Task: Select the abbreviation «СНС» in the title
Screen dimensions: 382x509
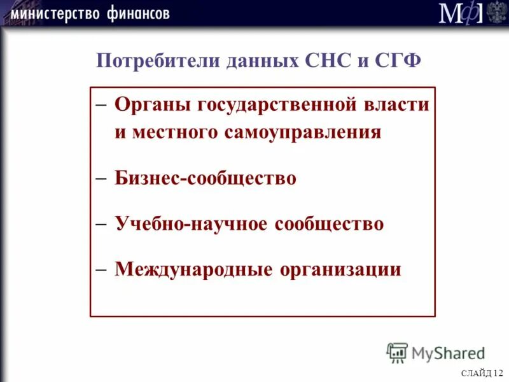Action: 324,61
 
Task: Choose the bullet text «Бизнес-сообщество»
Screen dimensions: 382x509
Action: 206,178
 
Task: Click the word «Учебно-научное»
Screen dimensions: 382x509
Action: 192,223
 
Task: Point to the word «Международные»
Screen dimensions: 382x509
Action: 194,269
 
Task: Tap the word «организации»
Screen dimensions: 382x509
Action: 340,269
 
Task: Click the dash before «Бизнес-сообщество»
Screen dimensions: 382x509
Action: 101,178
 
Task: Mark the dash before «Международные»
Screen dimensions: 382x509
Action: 101,269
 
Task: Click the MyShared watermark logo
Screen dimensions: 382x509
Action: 436,352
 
